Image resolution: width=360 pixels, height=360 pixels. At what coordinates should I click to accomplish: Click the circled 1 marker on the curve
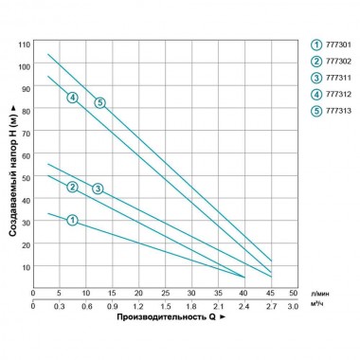(72, 220)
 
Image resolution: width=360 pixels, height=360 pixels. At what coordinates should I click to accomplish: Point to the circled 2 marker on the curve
(72, 187)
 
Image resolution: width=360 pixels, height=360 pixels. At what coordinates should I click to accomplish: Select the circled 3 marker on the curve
(99, 189)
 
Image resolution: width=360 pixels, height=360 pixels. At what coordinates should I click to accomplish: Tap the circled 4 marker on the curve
(72, 99)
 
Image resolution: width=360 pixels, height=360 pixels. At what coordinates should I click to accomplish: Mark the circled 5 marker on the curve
(99, 102)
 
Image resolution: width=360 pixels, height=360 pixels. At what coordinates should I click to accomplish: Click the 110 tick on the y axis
(23, 45)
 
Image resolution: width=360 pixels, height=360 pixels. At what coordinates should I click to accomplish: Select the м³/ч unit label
(319, 307)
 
